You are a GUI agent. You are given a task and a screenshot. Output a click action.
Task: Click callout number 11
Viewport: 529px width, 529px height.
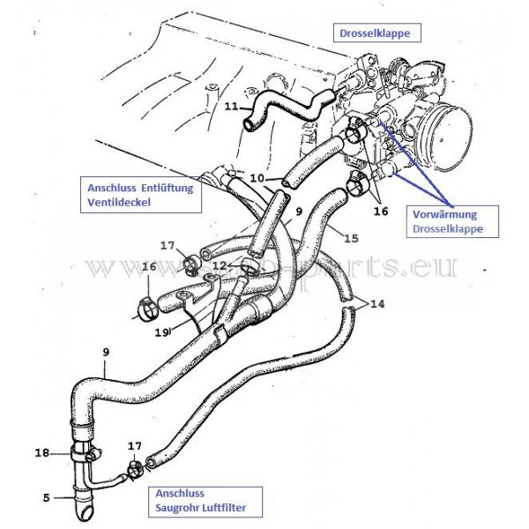coord(230,108)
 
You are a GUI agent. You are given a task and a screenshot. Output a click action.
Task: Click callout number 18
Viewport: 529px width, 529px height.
coord(41,452)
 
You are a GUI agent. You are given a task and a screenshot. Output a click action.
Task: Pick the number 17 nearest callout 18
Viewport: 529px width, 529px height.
coord(135,447)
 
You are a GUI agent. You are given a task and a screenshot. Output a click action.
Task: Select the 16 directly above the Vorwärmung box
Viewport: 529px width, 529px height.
coord(380,212)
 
